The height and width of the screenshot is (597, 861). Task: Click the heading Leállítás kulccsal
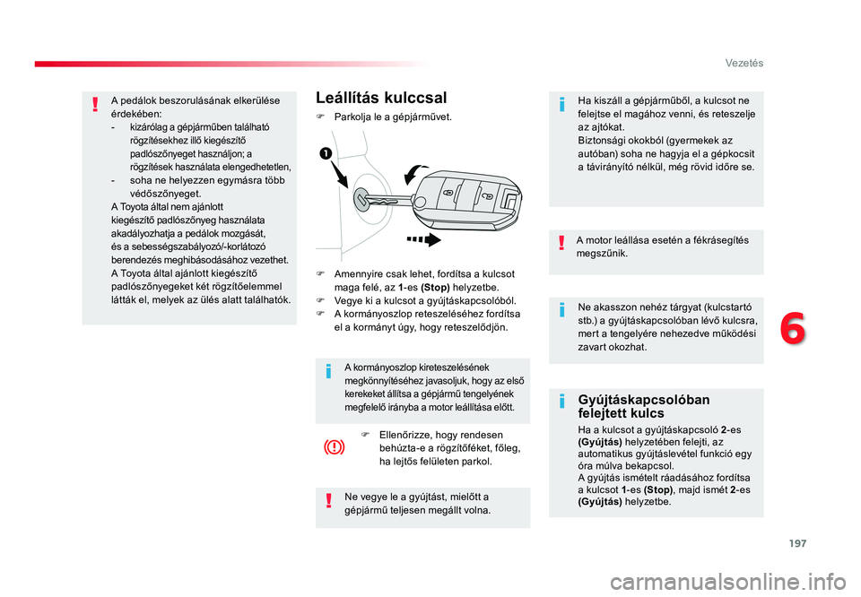[381, 98]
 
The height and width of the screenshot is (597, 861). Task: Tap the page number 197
[798, 543]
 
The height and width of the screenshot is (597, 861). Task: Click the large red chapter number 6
[793, 329]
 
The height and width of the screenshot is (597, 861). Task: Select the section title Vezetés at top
[744, 63]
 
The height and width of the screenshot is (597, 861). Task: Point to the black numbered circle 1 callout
[326, 153]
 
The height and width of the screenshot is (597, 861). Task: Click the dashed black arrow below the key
[423, 239]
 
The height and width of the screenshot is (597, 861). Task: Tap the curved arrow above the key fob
[415, 173]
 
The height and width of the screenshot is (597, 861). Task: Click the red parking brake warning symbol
[335, 448]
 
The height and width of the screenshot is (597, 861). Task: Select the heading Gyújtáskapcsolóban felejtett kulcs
[644, 406]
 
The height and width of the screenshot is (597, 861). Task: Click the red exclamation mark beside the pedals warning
[96, 104]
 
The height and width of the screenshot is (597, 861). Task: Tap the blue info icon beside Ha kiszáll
[561, 104]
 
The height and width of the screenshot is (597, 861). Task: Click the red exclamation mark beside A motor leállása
[561, 243]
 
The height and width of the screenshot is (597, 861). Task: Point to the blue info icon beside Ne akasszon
[561, 310]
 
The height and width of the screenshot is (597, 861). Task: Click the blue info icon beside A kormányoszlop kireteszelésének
[328, 371]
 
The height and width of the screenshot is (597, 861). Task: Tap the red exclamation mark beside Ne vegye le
[328, 500]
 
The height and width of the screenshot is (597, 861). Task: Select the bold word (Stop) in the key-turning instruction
[435, 288]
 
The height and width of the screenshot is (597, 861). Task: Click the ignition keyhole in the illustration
[363, 199]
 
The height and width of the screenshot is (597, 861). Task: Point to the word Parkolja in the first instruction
[352, 117]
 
